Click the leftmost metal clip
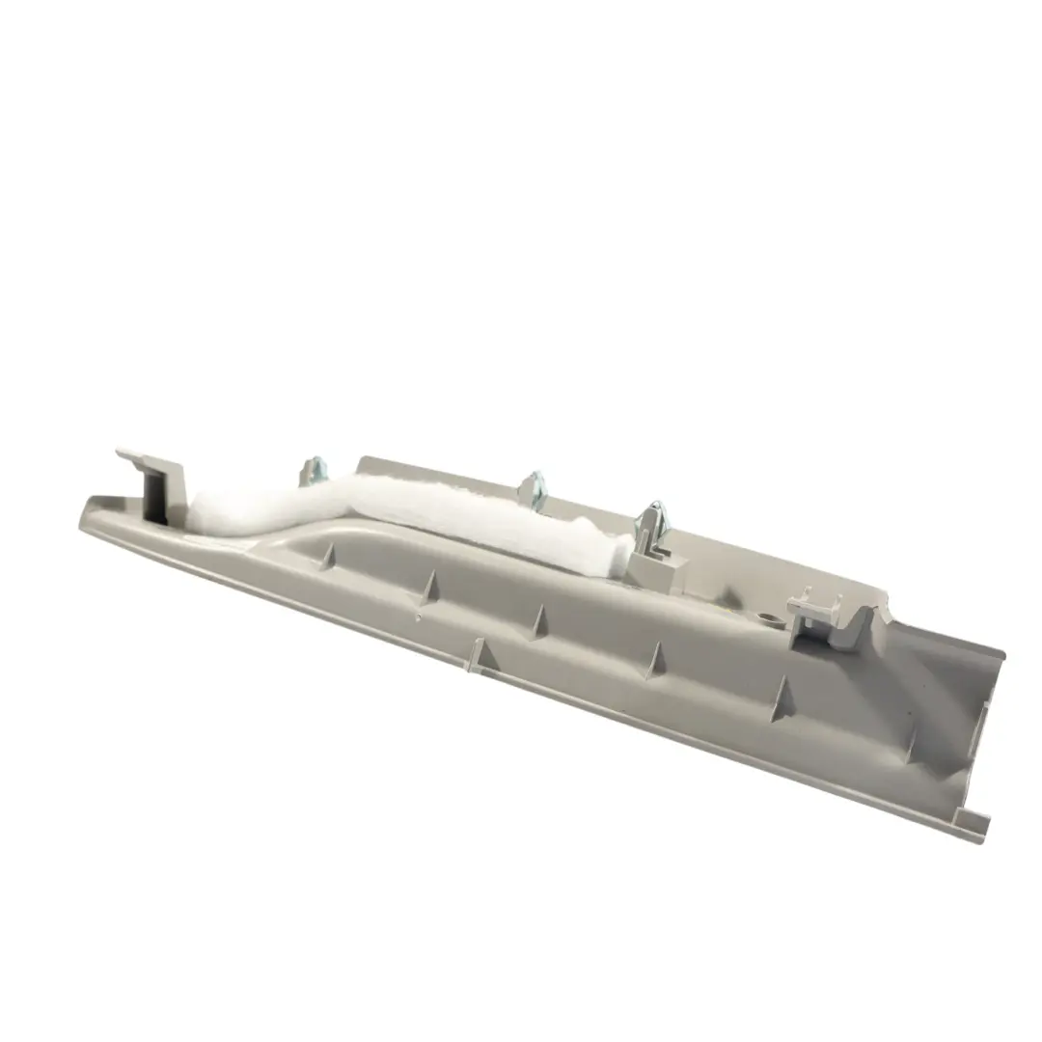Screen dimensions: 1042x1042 tap(312, 471)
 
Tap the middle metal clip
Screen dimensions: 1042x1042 tap(535, 486)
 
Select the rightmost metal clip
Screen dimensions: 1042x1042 tap(652, 521)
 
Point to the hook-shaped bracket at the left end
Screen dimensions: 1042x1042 tap(154, 482)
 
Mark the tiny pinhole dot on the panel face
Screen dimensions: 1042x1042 tap(417, 615)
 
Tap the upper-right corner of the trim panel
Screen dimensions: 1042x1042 tap(1000, 656)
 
